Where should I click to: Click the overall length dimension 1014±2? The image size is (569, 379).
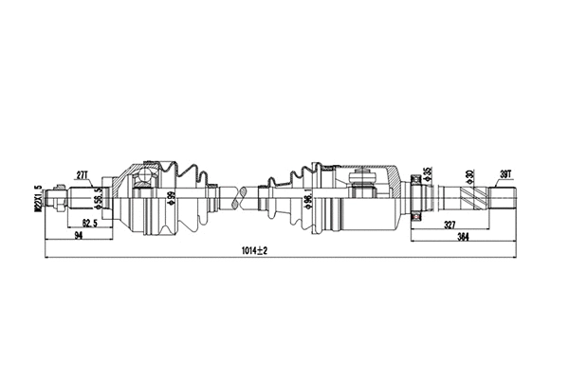click(254, 250)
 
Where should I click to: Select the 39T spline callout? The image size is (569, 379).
click(505, 173)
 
